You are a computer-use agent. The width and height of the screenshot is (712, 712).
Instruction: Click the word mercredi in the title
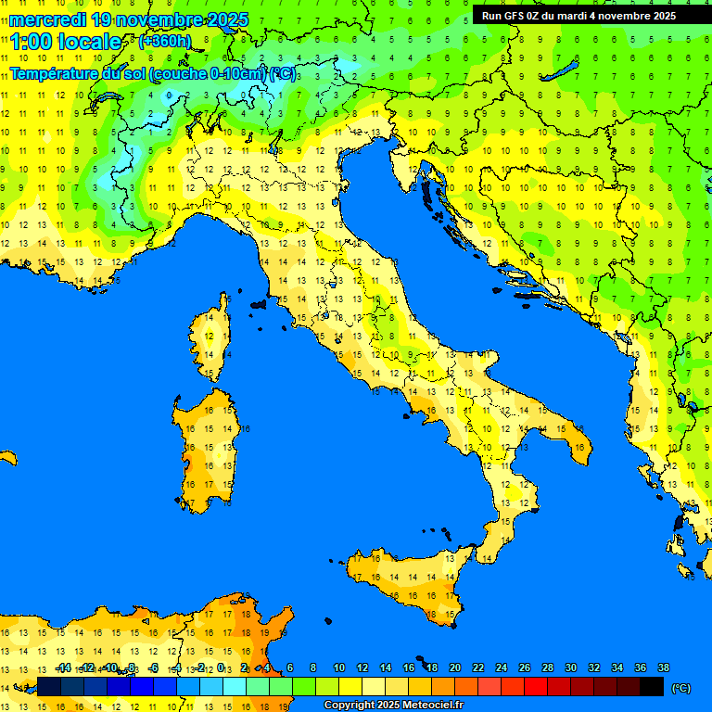point(47,19)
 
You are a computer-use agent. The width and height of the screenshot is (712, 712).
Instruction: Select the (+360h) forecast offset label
point(165,42)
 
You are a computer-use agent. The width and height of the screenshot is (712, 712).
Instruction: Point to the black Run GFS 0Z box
point(578,16)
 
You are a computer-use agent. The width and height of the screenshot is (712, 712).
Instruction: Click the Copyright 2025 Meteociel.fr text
point(393,706)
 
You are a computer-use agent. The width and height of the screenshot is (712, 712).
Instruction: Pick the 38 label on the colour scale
point(663,667)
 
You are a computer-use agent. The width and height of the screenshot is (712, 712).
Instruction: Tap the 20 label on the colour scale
point(454,667)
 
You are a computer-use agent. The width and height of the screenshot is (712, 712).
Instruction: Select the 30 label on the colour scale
point(570,667)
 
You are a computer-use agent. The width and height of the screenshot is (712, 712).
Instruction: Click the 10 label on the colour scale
point(338,667)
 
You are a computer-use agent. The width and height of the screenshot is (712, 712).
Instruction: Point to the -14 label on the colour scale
point(63,667)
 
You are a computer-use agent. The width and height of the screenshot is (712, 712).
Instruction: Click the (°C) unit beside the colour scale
point(681,688)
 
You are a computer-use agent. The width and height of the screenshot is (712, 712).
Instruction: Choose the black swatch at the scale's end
point(652,686)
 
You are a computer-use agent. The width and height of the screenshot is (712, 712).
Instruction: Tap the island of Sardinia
point(209,450)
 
